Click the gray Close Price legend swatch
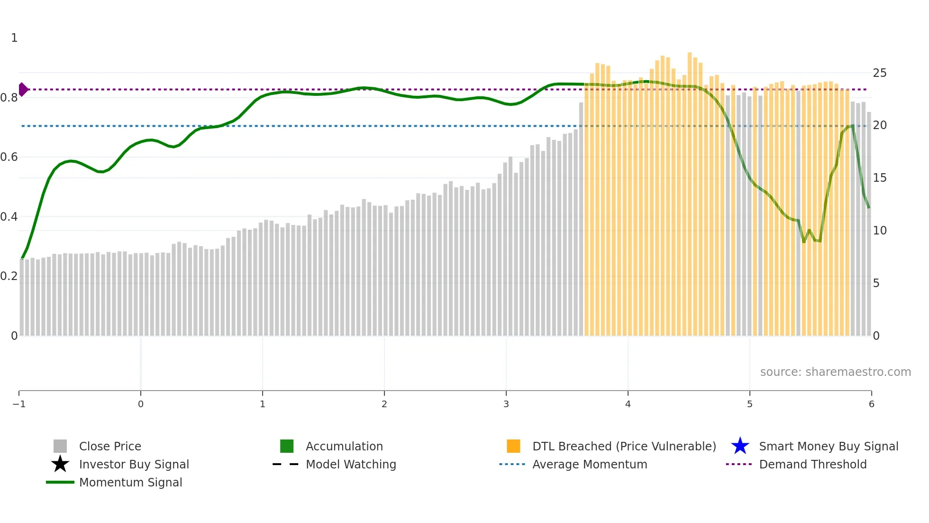coord(60,446)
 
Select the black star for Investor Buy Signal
coord(60,464)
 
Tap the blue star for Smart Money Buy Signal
coord(740,446)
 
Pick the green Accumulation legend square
coord(287,446)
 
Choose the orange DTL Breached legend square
coord(513,446)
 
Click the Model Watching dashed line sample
coord(285,464)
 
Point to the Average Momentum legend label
coord(590,464)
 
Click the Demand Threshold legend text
coord(812,464)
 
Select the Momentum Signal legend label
coord(130,482)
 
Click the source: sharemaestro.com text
coord(835,372)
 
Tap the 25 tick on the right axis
coord(880,73)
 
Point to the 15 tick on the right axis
coord(880,178)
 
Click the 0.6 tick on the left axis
coord(9,157)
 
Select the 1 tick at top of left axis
coord(14,38)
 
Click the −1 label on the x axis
coord(19,404)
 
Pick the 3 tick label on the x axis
coord(506,404)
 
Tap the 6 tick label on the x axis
coord(871,404)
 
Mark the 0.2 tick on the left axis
coord(9,276)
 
